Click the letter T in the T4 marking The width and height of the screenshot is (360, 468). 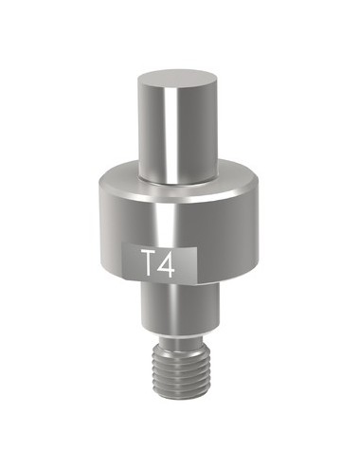click(x=148, y=261)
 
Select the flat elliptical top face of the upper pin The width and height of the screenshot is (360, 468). click(x=178, y=81)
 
